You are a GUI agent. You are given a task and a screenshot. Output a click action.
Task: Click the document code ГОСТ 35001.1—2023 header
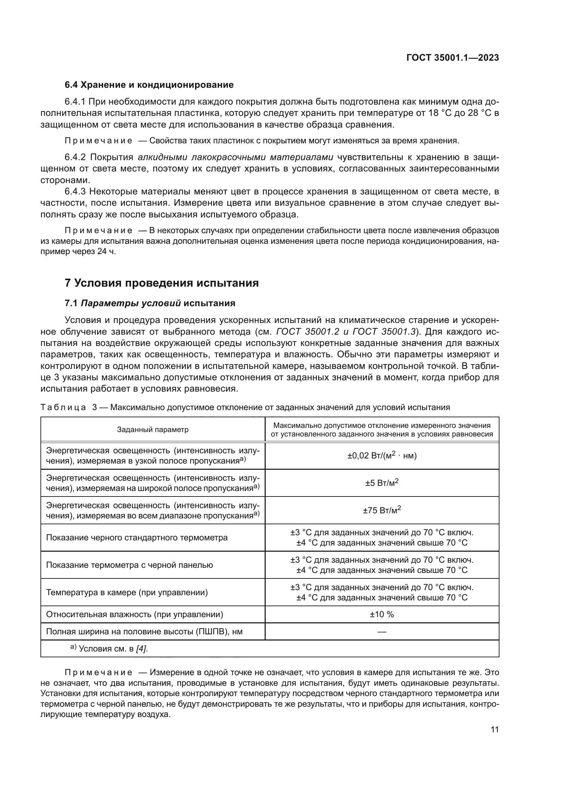(x=453, y=58)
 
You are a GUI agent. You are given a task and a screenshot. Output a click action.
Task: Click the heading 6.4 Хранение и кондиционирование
(x=149, y=85)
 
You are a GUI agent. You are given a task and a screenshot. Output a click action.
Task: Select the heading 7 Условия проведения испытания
(x=162, y=283)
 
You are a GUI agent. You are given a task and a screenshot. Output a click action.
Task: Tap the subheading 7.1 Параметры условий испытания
(x=150, y=303)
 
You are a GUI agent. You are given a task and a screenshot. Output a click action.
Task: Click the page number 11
(x=494, y=730)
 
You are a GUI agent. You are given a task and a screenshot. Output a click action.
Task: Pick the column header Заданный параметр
(x=153, y=430)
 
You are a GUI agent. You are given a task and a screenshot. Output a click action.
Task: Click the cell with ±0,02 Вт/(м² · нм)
(x=382, y=456)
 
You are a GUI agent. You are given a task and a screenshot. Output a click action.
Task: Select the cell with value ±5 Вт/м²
(x=382, y=483)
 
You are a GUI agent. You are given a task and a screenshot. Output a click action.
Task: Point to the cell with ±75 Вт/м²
(x=382, y=510)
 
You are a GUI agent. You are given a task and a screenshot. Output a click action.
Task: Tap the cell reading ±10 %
(x=382, y=614)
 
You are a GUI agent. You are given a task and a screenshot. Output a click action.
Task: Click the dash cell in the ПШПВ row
(x=382, y=632)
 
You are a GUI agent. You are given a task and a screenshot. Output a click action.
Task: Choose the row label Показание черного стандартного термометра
(x=136, y=538)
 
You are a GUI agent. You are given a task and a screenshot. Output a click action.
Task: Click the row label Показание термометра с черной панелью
(x=129, y=565)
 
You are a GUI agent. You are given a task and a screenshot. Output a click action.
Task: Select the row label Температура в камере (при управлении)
(x=127, y=592)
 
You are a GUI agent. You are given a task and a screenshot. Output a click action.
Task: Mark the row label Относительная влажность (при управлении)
(x=134, y=614)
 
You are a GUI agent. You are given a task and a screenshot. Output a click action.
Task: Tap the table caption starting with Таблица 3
(x=245, y=407)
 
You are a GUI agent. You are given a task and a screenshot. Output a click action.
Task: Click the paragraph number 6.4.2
(x=75, y=157)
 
